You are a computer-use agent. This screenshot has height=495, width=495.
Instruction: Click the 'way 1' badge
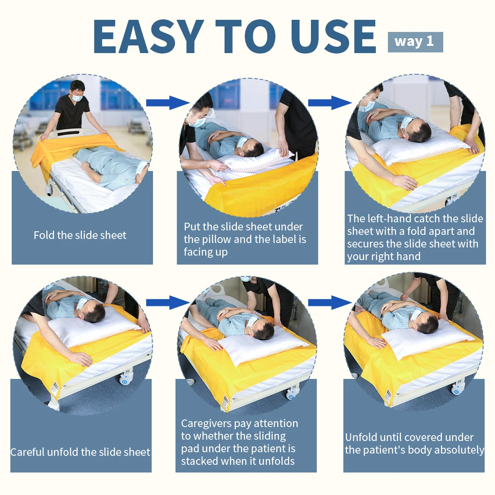click(415, 42)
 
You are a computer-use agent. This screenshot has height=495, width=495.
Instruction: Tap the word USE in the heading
click(333, 36)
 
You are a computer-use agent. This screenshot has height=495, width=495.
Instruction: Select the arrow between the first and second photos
click(168, 103)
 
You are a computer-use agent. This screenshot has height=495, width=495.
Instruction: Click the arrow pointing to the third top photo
click(330, 103)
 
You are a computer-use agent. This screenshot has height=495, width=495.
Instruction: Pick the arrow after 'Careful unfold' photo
click(168, 302)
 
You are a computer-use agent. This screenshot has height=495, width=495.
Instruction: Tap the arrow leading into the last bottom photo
click(330, 302)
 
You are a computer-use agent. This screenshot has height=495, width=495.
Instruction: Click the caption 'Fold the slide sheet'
click(80, 235)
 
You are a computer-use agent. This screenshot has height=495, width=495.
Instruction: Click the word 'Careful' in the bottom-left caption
click(27, 452)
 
